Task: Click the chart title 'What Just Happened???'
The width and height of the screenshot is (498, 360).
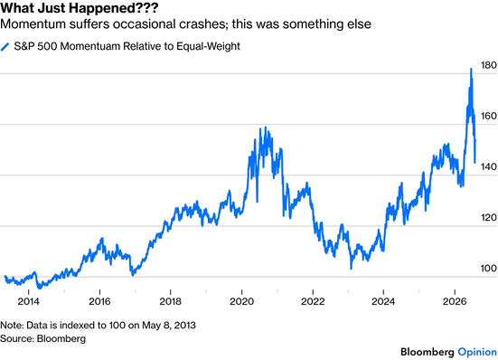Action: (79, 8)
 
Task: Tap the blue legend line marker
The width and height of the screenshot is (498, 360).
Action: (5, 47)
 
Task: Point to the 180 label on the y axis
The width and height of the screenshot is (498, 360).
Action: (488, 65)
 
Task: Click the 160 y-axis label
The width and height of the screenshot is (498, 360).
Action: (488, 116)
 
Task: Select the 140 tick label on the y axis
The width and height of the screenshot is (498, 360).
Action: (488, 166)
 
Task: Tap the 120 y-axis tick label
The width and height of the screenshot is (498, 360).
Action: (488, 218)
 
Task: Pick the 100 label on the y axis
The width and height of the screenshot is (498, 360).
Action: (488, 269)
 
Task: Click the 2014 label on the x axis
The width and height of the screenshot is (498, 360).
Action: (29, 301)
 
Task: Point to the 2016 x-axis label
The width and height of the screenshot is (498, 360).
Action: (99, 301)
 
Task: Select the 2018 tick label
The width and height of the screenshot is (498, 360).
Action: (171, 301)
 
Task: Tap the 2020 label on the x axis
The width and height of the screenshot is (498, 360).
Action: (241, 301)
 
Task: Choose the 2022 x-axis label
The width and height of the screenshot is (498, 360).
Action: (313, 301)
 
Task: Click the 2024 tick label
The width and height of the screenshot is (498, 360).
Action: (383, 301)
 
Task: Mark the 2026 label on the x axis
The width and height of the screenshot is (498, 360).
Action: (455, 301)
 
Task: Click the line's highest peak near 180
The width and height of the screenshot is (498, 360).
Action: (471, 69)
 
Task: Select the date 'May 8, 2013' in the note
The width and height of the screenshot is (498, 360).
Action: (169, 326)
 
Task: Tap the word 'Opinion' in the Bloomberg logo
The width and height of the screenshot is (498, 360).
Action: (477, 352)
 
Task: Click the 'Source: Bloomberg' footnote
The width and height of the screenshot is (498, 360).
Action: (42, 338)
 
